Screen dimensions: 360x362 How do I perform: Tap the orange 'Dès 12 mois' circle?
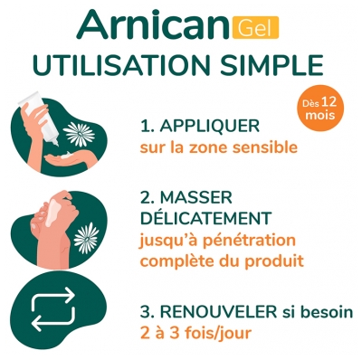[322, 111]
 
